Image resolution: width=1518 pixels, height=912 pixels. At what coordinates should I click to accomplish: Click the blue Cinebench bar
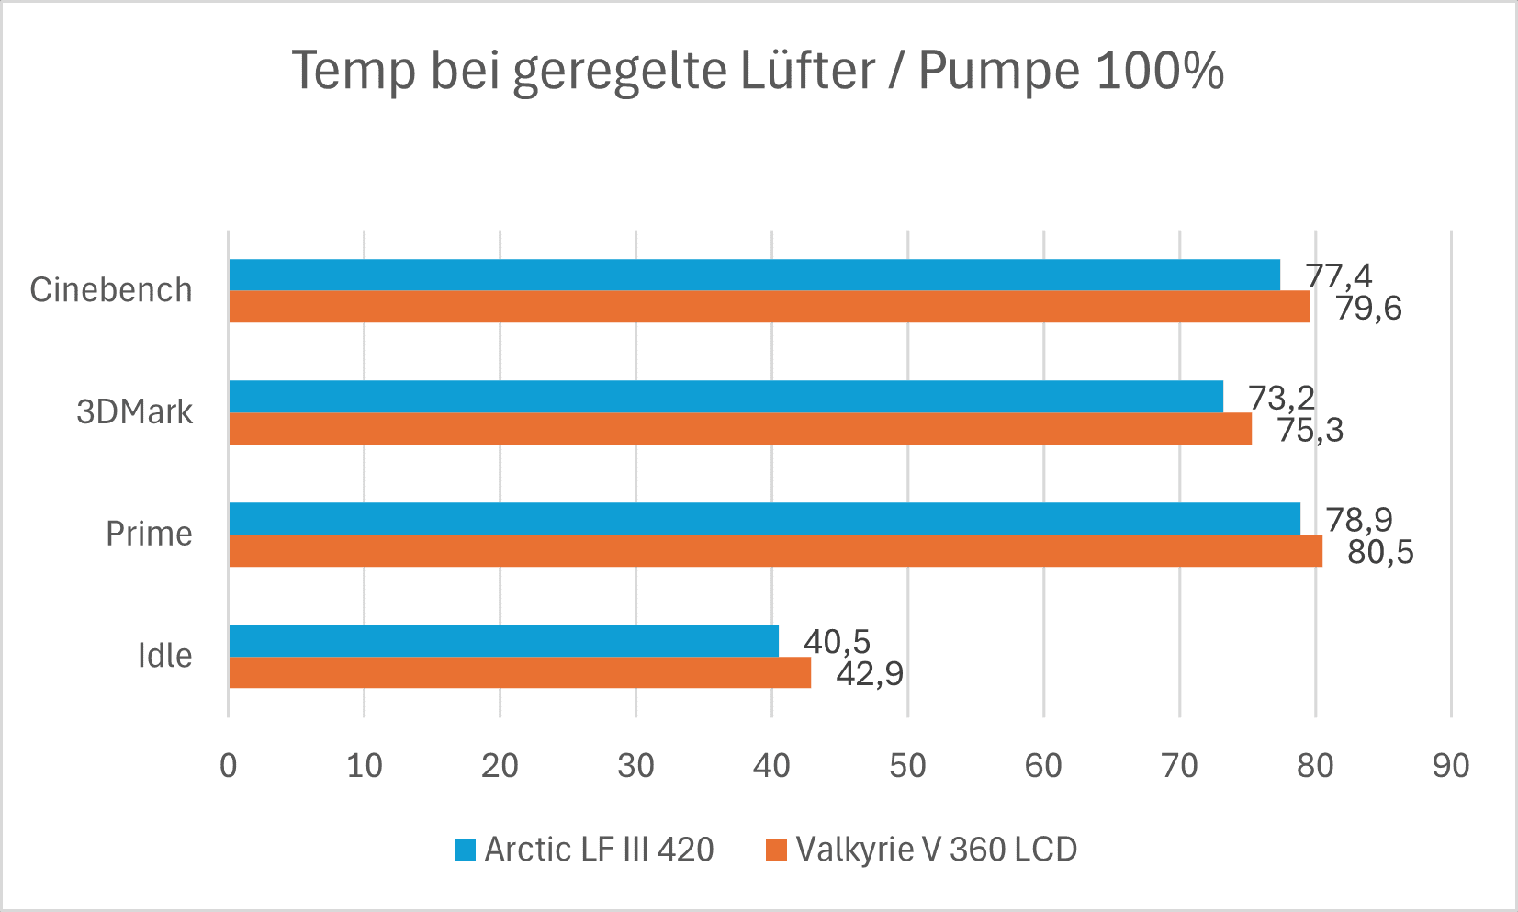[753, 275]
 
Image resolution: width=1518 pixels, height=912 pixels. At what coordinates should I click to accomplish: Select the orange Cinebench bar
[768, 307]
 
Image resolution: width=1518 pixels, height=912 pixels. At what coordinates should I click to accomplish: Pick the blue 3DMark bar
[725, 396]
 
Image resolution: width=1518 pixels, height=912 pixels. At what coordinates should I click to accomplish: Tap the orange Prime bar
[774, 551]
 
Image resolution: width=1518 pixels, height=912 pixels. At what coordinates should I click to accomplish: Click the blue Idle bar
[503, 640]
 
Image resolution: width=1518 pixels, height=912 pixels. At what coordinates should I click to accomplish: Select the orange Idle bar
[519, 672]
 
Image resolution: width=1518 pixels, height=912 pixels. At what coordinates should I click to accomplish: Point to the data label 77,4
[1338, 276]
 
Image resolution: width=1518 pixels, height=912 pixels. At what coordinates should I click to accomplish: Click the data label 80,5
[1380, 553]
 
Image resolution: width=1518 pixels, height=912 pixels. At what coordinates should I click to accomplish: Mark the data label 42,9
[870, 674]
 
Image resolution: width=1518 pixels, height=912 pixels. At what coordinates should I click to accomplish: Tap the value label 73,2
[1281, 398]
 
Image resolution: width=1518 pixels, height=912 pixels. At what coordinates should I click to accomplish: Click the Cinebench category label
[111, 290]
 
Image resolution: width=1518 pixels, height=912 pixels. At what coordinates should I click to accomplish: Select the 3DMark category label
[134, 412]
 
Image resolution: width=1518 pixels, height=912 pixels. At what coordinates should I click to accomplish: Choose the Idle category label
[164, 656]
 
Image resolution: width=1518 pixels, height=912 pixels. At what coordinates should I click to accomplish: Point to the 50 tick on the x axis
[907, 765]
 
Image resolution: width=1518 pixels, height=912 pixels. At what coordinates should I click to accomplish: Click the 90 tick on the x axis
[1451, 765]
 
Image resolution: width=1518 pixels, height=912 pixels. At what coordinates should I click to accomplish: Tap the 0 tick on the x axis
[228, 765]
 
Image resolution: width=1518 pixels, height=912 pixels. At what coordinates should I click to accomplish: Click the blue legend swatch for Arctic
[465, 850]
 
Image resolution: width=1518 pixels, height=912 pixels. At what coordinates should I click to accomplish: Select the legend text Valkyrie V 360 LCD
[936, 850]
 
